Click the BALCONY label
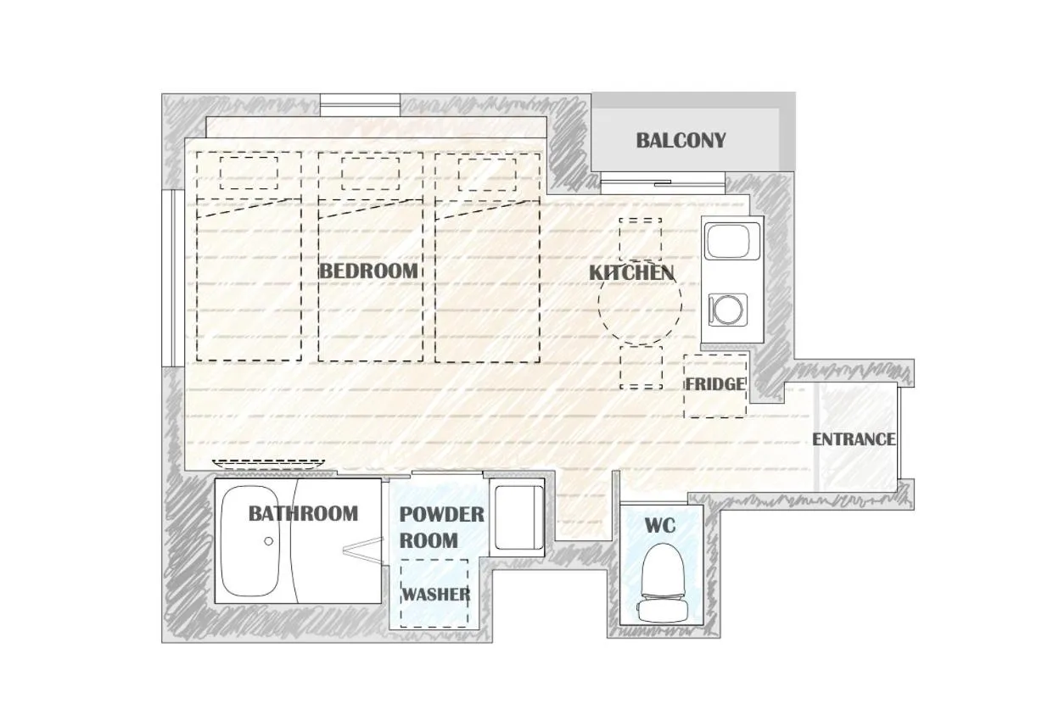click(x=681, y=141)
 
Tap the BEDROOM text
click(x=368, y=271)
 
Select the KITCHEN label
click(x=631, y=273)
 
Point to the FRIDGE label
click(x=715, y=384)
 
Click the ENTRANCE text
click(x=854, y=439)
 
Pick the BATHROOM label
click(x=303, y=514)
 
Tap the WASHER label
click(x=435, y=595)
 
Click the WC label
click(x=659, y=526)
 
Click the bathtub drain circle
click(x=268, y=541)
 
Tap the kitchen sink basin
click(x=731, y=241)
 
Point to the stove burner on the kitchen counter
click(x=728, y=310)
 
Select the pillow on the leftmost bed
click(x=249, y=173)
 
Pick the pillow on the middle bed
click(x=370, y=174)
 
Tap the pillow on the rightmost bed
click(x=487, y=175)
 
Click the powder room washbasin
click(x=518, y=517)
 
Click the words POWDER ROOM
click(x=441, y=528)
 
